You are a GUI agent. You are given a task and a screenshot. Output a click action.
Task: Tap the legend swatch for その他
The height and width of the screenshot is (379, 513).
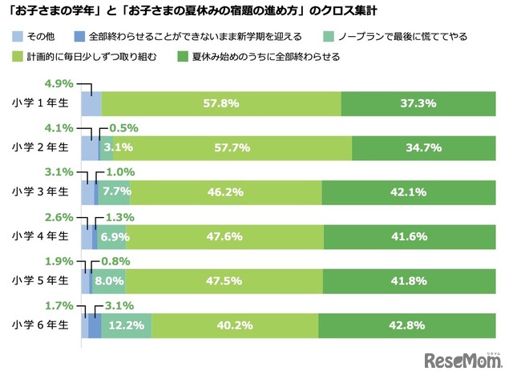(x=18, y=37)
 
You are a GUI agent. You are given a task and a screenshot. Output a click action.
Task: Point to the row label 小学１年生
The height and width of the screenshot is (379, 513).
(x=42, y=103)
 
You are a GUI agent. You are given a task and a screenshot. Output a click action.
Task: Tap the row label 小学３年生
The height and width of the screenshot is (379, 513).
(x=42, y=192)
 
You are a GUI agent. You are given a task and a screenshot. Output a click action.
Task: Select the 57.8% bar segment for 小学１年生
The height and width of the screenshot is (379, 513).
(x=221, y=104)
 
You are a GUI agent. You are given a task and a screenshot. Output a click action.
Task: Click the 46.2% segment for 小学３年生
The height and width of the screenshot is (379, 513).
(x=225, y=192)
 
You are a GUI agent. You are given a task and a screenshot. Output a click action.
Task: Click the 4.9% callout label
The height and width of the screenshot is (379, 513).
(x=59, y=83)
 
